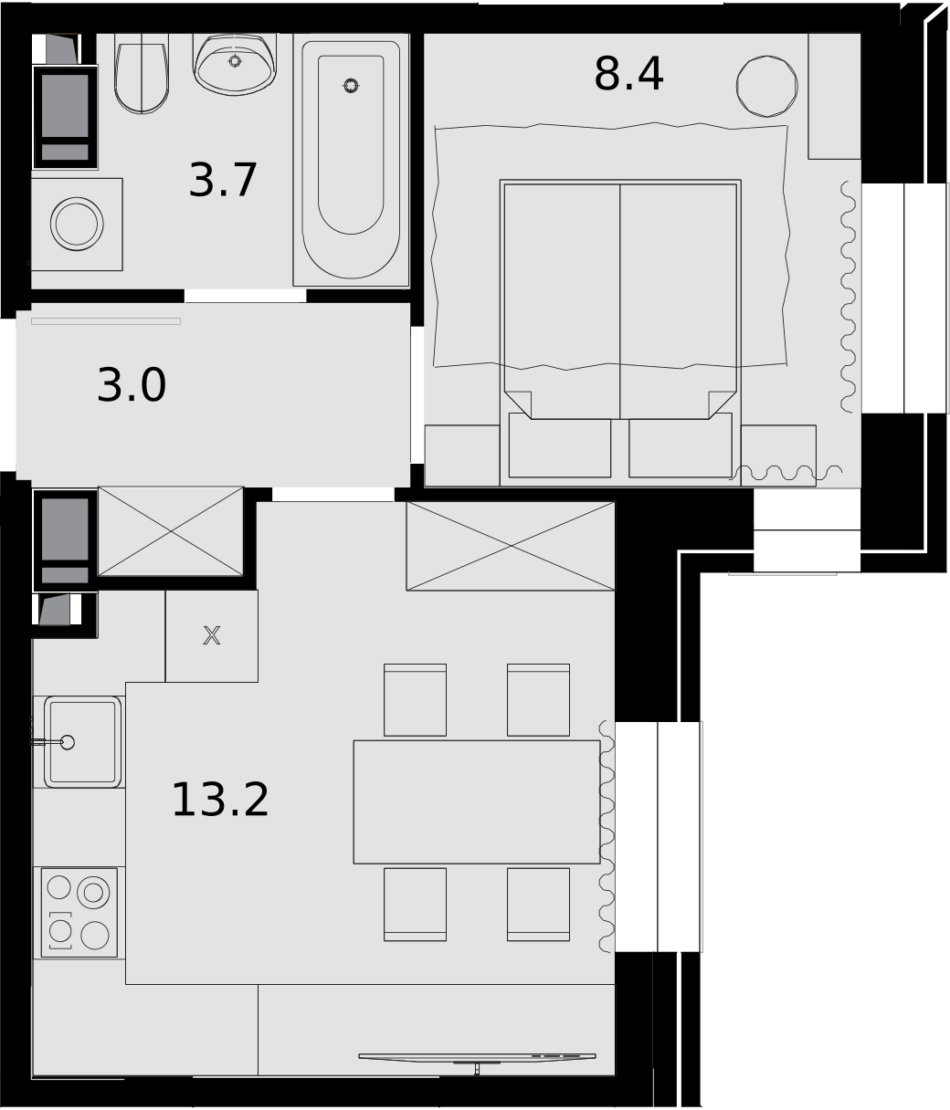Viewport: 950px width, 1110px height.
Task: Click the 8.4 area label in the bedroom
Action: pyautogui.click(x=628, y=74)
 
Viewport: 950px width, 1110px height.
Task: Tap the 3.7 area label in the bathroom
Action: pyautogui.click(x=223, y=181)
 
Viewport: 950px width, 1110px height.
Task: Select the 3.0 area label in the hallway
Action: pyautogui.click(x=132, y=385)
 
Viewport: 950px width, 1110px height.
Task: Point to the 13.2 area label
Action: pyautogui.click(x=220, y=801)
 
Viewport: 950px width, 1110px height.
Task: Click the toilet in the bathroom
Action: pyautogui.click(x=142, y=73)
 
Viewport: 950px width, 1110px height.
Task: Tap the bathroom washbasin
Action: pyautogui.click(x=235, y=63)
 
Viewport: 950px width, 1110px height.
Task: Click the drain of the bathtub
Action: pyautogui.click(x=351, y=86)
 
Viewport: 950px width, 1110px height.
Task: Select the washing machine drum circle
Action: pyautogui.click(x=77, y=224)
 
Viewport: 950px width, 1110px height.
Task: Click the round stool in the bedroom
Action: pyautogui.click(x=766, y=86)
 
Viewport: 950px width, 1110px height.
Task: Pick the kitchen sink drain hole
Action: pyautogui.click(x=68, y=743)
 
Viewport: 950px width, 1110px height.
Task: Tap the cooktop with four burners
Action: pyautogui.click(x=79, y=913)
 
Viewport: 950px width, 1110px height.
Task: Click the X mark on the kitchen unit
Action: pyautogui.click(x=212, y=636)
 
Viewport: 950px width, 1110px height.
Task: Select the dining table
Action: pyautogui.click(x=477, y=801)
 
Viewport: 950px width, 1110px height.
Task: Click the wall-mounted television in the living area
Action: pyautogui.click(x=477, y=1057)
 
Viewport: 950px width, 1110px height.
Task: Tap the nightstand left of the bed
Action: pyautogui.click(x=462, y=456)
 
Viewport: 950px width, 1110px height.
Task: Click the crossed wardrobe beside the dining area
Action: pyautogui.click(x=511, y=546)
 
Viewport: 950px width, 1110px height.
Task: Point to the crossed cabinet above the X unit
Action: pyautogui.click(x=171, y=531)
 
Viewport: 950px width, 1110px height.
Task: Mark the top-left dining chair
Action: pyautogui.click(x=415, y=700)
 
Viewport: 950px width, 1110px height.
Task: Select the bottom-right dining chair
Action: pyautogui.click(x=538, y=905)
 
